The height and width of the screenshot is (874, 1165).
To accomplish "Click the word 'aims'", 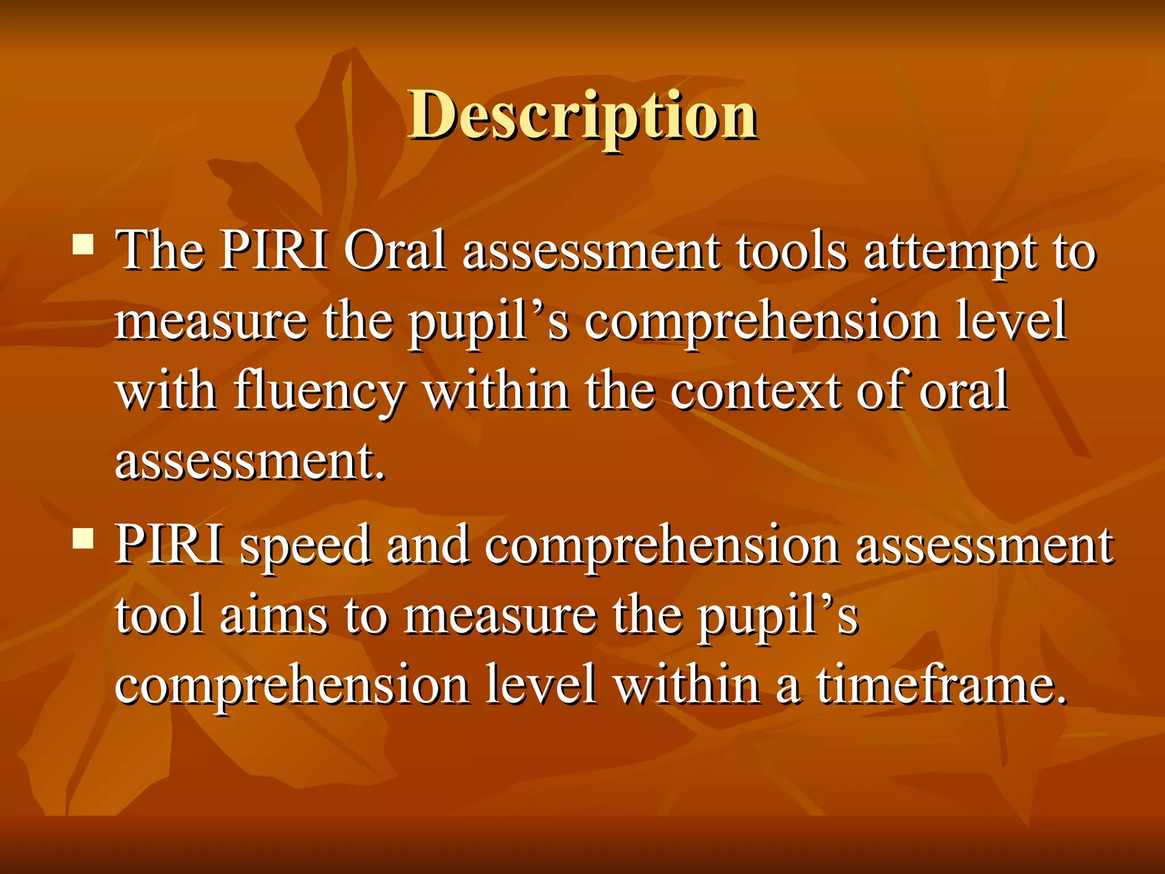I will [x=274, y=616].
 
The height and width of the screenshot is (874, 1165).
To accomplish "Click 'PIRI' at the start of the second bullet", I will [x=169, y=545].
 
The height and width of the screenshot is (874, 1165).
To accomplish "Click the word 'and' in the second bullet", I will [x=428, y=545].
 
